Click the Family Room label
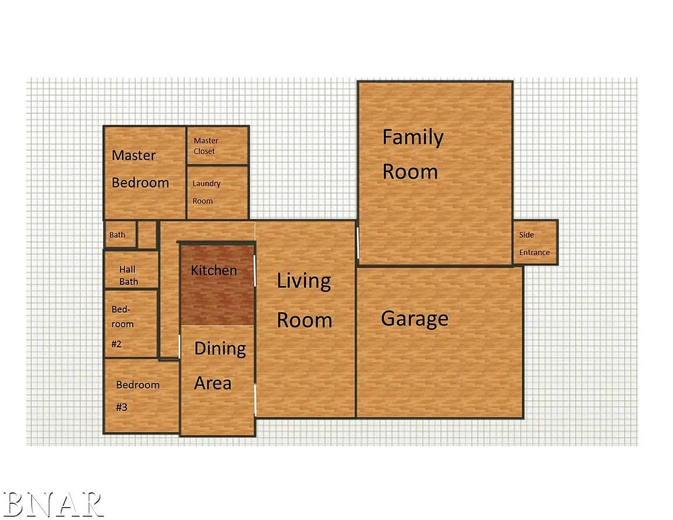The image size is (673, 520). [412, 154]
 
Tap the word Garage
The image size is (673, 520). [414, 318]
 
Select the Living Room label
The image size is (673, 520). [304, 300]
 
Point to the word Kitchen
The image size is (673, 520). [214, 270]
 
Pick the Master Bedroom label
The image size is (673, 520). [140, 169]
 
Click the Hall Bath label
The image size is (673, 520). [128, 276]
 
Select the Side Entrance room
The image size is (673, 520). [535, 242]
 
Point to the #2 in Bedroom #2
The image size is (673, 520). [116, 344]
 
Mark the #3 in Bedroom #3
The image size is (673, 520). [122, 408]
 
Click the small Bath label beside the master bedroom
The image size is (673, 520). [117, 235]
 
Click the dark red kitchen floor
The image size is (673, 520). [217, 298]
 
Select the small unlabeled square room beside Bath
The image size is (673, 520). [147, 234]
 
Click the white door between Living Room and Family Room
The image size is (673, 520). [357, 242]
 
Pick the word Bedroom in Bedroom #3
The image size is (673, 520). [137, 385]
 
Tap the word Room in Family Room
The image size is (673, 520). [410, 172]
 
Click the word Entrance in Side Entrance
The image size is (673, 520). [534, 253]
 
